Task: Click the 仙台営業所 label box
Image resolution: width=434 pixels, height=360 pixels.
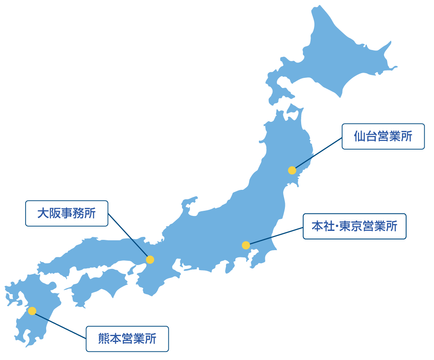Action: click(x=383, y=136)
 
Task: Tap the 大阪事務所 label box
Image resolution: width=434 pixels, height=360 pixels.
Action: click(x=67, y=213)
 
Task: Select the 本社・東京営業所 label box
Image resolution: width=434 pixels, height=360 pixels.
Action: click(x=354, y=226)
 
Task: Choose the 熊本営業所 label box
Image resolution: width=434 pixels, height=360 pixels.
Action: click(x=127, y=339)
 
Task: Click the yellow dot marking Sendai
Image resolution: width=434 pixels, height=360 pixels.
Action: click(x=292, y=170)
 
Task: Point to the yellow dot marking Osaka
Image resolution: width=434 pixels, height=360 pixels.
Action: click(x=150, y=260)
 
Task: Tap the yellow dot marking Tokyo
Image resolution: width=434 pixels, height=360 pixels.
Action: click(x=246, y=245)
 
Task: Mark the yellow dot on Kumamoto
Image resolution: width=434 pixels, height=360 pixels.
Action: click(x=32, y=311)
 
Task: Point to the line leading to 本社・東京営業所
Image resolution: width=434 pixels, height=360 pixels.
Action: click(x=276, y=236)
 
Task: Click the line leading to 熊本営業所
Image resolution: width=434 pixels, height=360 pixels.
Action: click(x=60, y=325)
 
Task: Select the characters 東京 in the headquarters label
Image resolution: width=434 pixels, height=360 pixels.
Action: click(x=350, y=226)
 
